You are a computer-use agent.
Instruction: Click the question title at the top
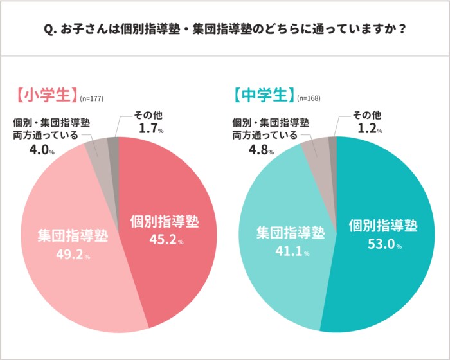tap(225, 30)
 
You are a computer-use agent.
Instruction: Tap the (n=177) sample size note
tap(91, 98)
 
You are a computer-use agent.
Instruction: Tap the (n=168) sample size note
tap(309, 98)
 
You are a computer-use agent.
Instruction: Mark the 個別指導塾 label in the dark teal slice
tap(383, 226)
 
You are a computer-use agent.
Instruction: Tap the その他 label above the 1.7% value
tap(148, 115)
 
